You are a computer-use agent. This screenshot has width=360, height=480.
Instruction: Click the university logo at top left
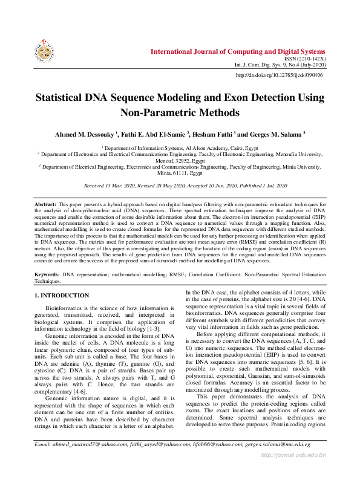coord(44,53)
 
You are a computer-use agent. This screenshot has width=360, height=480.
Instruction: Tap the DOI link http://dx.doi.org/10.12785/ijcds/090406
coord(279,75)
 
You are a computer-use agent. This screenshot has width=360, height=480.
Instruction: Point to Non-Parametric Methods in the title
coord(180,112)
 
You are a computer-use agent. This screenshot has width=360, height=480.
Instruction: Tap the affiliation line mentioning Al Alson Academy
coord(180,148)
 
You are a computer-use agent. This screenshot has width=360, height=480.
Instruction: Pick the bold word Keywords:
coord(47,274)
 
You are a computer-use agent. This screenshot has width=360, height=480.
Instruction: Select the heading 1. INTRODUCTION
coord(62,295)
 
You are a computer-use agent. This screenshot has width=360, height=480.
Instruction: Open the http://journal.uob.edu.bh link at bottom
coord(293,470)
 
